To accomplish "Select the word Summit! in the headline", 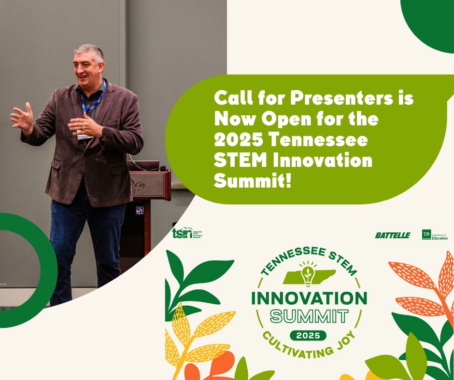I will click(x=254, y=181).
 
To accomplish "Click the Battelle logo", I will click(x=392, y=235).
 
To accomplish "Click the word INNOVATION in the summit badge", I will click(x=309, y=298).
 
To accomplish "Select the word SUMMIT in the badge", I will click(x=309, y=316).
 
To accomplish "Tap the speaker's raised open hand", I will click(x=22, y=117).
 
